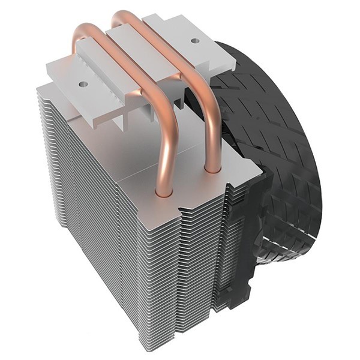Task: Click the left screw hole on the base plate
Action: click(83, 83)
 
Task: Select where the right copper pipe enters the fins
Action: click(211, 169)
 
